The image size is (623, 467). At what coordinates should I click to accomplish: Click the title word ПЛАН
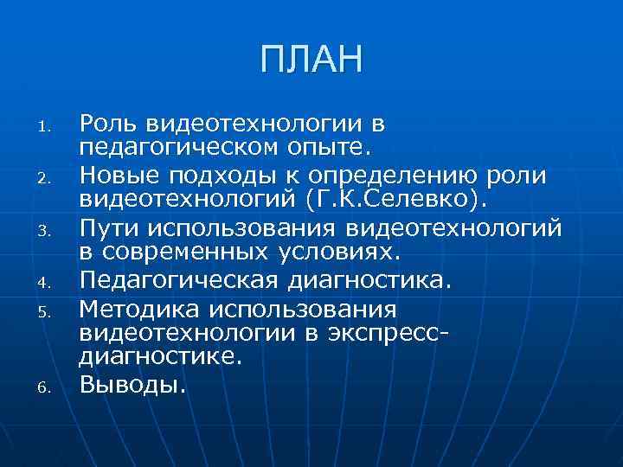click(311, 61)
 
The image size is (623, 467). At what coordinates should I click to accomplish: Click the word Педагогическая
click(177, 281)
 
